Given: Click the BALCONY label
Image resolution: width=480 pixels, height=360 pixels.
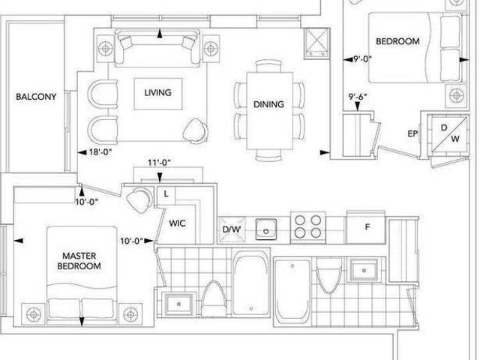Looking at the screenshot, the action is pyautogui.click(x=36, y=97).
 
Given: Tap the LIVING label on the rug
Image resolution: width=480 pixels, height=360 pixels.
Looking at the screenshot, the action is pyautogui.click(x=157, y=92).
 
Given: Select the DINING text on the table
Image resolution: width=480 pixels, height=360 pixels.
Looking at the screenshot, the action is pyautogui.click(x=268, y=104).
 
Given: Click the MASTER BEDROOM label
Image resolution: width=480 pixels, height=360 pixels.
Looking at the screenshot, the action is pyautogui.click(x=79, y=261).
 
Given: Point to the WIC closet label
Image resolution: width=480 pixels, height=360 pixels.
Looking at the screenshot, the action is pyautogui.click(x=177, y=223).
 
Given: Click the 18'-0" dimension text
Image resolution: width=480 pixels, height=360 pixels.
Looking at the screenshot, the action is pyautogui.click(x=100, y=151).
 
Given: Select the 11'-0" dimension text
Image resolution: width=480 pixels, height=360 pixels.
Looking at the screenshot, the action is pyautogui.click(x=159, y=163).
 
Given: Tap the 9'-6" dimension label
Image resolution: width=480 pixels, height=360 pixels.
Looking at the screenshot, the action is pyautogui.click(x=358, y=97).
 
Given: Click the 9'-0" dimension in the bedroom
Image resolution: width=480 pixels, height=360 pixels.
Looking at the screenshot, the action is pyautogui.click(x=362, y=58).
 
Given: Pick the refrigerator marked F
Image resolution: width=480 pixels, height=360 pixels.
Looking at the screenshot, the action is pyautogui.click(x=366, y=227).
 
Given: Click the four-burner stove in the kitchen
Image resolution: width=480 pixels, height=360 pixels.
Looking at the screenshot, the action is pyautogui.click(x=308, y=226).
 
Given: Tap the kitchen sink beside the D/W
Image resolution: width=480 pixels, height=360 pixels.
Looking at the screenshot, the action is pyautogui.click(x=266, y=229).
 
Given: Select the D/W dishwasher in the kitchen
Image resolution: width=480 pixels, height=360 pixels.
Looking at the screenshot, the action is pyautogui.click(x=232, y=229).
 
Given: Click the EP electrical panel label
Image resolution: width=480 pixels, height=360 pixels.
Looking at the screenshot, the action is pyautogui.click(x=412, y=133).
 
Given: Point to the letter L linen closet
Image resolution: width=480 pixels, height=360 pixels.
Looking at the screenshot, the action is pyautogui.click(x=166, y=193).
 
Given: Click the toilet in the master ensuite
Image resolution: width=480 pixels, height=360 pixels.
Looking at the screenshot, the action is pyautogui.click(x=214, y=298).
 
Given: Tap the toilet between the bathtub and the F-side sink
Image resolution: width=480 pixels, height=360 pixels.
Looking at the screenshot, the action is pyautogui.click(x=329, y=275).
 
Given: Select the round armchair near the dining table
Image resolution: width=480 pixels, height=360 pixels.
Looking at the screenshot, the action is pyautogui.click(x=195, y=131).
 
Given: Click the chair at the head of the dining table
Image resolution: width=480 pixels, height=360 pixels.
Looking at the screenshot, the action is pyautogui.click(x=268, y=65).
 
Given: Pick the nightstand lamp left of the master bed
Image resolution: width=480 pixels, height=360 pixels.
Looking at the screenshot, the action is pyautogui.click(x=34, y=314).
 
